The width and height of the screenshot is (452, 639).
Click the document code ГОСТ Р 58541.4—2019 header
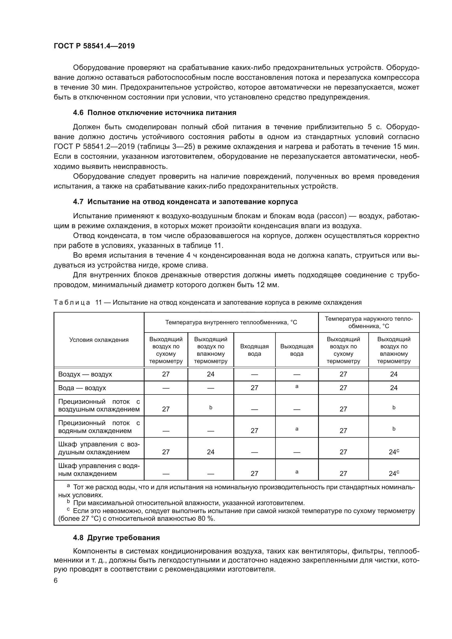click(x=94, y=46)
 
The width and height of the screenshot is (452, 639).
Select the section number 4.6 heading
click(x=78, y=113)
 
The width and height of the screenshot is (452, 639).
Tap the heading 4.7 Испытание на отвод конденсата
click(x=185, y=202)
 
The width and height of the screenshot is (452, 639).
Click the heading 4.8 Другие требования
click(x=116, y=537)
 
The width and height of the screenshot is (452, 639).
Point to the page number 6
click(x=56, y=580)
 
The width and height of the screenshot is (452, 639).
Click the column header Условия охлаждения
click(x=99, y=340)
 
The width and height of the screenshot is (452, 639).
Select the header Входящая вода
click(x=254, y=350)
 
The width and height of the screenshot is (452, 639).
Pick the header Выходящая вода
click(x=297, y=350)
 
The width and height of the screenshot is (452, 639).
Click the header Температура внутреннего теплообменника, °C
click(x=231, y=322)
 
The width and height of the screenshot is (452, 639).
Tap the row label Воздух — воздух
click(x=85, y=374)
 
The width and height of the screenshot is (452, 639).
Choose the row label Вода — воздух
click(x=82, y=388)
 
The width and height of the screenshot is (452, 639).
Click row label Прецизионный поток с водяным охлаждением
click(x=99, y=427)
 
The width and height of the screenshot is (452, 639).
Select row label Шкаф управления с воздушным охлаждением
click(x=99, y=448)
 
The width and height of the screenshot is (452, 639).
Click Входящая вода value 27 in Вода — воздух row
click(x=254, y=388)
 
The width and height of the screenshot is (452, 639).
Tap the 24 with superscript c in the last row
click(x=394, y=473)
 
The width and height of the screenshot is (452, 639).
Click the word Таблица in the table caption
click(x=72, y=302)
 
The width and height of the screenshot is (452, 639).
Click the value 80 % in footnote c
click(x=206, y=519)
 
